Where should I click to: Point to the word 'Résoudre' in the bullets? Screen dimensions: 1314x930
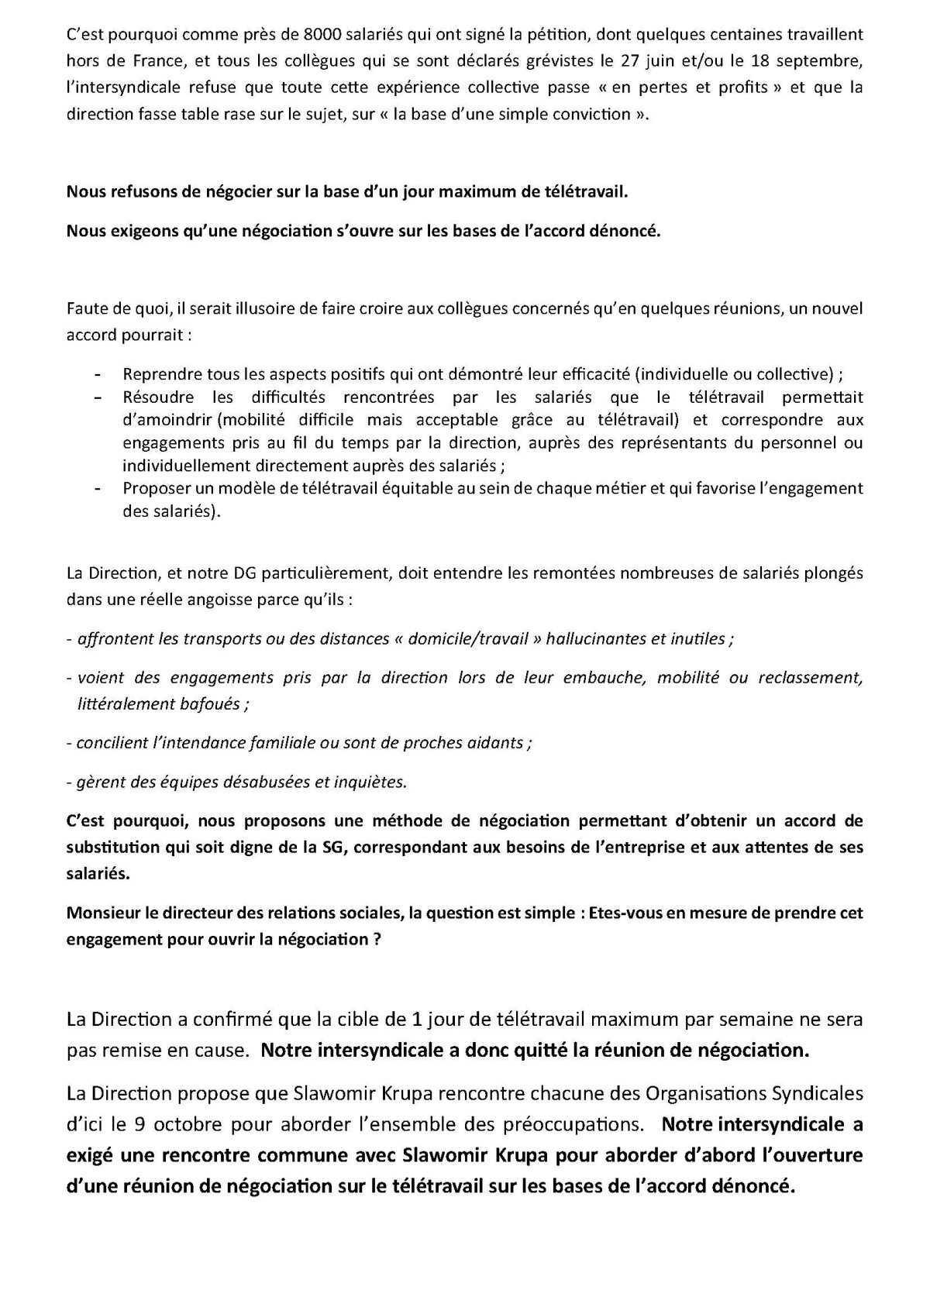click(154, 397)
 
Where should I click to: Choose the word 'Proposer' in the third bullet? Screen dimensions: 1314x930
click(154, 489)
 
